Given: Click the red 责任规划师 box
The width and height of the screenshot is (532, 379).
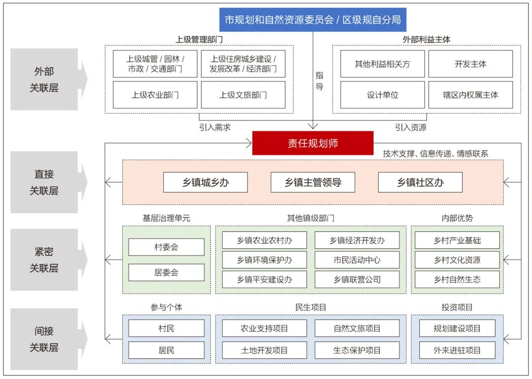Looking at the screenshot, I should tap(313, 143).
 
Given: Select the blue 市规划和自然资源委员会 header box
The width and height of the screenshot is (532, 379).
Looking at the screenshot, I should tap(313, 20).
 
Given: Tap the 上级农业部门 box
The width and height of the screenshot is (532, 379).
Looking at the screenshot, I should tap(155, 95).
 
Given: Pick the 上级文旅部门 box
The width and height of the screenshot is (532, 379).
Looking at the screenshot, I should tap(243, 95).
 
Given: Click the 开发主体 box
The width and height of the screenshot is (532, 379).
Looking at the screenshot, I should tap(470, 64).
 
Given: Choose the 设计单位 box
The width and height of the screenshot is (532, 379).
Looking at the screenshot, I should tap(382, 95).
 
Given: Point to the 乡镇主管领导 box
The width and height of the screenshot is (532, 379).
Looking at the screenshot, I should tap(313, 182).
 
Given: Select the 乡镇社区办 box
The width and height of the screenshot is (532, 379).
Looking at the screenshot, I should tap(420, 182).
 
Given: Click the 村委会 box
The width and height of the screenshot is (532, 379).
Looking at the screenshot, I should tap(166, 247).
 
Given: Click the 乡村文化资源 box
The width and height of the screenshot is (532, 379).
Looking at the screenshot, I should tap(457, 260).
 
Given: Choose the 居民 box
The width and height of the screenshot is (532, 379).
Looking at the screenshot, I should tap(166, 350).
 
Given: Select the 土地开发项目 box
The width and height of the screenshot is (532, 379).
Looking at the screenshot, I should tap(264, 350).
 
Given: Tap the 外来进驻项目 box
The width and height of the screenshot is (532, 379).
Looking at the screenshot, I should tap(457, 350).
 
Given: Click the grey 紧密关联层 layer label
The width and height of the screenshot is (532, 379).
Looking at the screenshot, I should tap(44, 260).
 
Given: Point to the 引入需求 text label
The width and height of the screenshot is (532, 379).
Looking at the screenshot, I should tap(215, 127).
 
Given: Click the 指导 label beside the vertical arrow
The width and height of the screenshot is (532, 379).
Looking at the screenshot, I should tap(320, 81).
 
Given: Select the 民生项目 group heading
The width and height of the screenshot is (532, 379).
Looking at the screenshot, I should tap(311, 307).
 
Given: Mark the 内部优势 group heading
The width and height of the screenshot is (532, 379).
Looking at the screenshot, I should tap(457, 218).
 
